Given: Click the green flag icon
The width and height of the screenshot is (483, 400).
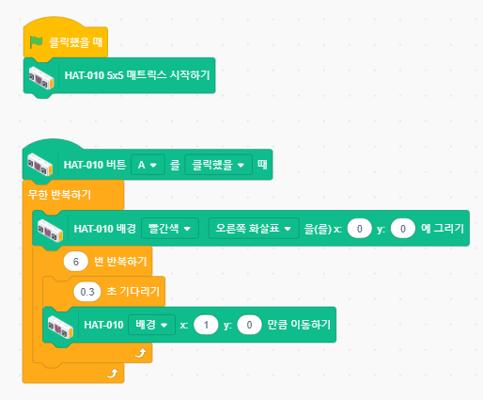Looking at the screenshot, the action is pyautogui.click(x=36, y=42).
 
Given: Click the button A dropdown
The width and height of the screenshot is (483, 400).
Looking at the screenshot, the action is pyautogui.click(x=148, y=165).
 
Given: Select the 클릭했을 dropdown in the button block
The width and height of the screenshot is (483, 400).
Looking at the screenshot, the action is pyautogui.click(x=218, y=165).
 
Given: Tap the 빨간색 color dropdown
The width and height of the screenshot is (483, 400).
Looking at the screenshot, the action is pyautogui.click(x=170, y=229).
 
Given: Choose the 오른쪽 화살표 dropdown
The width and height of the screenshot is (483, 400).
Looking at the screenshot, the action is pyautogui.click(x=254, y=229).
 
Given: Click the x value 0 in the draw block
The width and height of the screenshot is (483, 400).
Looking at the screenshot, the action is pyautogui.click(x=360, y=229).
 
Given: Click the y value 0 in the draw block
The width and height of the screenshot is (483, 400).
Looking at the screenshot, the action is pyautogui.click(x=403, y=229).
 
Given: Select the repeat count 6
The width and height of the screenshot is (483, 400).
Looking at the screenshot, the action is pyautogui.click(x=76, y=262).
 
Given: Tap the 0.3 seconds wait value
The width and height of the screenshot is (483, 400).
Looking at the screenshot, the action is pyautogui.click(x=87, y=292).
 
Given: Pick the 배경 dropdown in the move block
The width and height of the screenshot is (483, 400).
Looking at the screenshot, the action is pyautogui.click(x=151, y=325).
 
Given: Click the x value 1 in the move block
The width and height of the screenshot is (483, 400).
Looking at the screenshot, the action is pyautogui.click(x=206, y=325).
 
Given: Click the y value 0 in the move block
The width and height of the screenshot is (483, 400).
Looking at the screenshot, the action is pyautogui.click(x=249, y=325).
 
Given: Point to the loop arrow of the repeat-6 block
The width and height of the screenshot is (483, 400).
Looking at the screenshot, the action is pyautogui.click(x=141, y=353).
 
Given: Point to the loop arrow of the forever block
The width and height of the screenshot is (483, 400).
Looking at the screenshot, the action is pyautogui.click(x=112, y=374).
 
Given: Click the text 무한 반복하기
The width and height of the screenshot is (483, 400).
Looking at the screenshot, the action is pyautogui.click(x=59, y=195).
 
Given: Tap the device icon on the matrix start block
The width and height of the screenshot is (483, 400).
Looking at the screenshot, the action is pyautogui.click(x=41, y=78).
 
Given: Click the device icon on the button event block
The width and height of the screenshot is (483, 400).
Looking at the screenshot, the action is pyautogui.click(x=39, y=165).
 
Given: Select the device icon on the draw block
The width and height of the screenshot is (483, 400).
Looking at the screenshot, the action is pyautogui.click(x=50, y=231).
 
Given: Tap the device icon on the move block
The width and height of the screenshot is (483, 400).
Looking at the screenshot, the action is pyautogui.click(x=60, y=328).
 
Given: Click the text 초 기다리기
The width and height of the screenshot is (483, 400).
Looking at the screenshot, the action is pyautogui.click(x=133, y=292).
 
